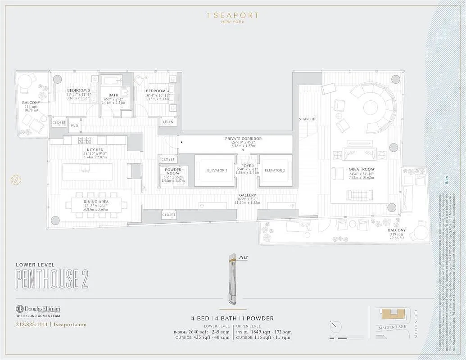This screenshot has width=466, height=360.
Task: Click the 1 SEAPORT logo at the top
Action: click(233, 16)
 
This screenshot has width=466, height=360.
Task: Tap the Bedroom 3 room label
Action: click(79, 90)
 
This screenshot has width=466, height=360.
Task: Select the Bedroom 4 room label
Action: click(157, 90)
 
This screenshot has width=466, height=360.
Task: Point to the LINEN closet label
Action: click(168, 122)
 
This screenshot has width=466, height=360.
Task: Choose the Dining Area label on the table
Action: click(96, 202)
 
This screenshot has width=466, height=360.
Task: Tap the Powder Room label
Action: click(173, 171)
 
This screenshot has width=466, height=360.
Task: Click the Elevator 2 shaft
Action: click(275, 171)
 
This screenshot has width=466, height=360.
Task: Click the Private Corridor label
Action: click(243, 139)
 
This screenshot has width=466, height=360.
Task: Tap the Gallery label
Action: click(247, 195)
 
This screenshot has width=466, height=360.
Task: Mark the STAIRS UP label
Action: click(307, 119)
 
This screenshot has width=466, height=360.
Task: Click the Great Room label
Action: click(361, 169)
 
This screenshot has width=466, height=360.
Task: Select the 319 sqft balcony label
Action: click(397, 230)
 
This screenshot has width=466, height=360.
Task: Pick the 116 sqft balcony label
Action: click(32, 103)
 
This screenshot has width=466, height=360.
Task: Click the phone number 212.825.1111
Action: click(32, 324)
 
